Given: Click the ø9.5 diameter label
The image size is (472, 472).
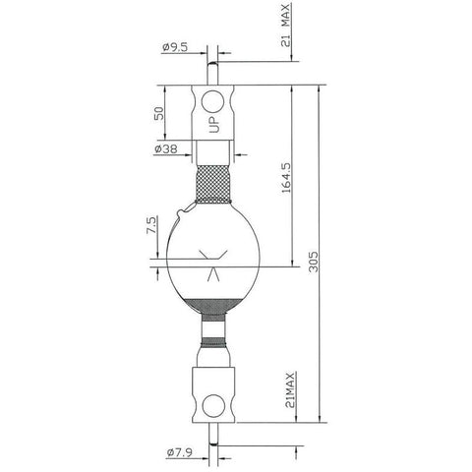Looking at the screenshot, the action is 175,47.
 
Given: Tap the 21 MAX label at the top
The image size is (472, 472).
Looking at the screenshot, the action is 286,26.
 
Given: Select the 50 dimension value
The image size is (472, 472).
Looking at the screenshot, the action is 158,113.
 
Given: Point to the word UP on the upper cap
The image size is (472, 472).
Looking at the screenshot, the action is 213,124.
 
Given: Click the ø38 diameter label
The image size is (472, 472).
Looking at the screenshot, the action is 166,149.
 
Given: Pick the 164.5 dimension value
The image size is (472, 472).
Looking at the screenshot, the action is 286,177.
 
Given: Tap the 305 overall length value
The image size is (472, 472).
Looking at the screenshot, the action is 314,262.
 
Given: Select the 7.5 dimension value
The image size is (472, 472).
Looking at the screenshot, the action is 150,225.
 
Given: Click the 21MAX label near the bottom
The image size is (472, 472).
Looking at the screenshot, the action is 290,389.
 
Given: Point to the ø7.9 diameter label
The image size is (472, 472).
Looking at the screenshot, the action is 180,453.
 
